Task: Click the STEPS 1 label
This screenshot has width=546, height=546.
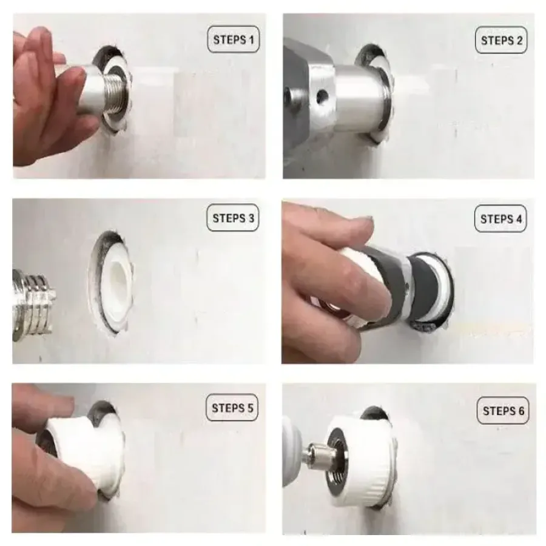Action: point(234,39)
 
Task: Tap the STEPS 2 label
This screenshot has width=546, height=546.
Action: point(502,40)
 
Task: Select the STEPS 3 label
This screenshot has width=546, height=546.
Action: point(233,218)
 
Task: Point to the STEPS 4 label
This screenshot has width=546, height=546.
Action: point(500,218)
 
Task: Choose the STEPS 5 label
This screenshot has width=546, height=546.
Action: point(232,408)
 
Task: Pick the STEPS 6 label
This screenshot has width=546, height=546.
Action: point(503,411)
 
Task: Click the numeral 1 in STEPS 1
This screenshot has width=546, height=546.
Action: point(251,39)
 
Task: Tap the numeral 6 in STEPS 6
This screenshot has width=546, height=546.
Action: point(521,411)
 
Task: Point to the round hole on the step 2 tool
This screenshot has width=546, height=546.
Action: point(323,95)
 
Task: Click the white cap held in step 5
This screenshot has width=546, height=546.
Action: point(87,453)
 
